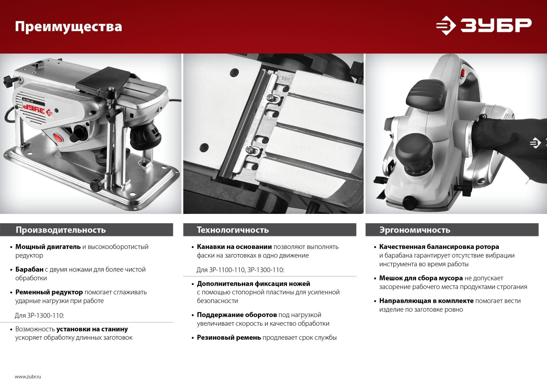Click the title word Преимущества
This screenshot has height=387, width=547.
[68, 27]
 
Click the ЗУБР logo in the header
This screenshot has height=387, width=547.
[483, 25]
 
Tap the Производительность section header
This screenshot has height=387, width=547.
[61, 230]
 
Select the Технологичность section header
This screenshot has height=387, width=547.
[233, 230]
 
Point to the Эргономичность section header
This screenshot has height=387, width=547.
[415, 230]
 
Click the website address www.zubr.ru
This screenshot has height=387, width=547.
[28, 377]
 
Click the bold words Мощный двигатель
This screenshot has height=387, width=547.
[48, 247]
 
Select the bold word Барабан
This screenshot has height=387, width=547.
[29, 270]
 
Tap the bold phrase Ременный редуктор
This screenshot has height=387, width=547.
[49, 292]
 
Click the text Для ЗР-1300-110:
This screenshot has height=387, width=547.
[39, 315]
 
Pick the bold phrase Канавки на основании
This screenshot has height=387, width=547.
[234, 247]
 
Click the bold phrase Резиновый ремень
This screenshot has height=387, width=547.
[229, 338]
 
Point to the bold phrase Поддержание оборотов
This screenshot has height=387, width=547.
[237, 315]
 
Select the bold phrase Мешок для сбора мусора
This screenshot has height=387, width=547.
[421, 278]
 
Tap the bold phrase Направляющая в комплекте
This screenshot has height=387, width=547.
[426, 301]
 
